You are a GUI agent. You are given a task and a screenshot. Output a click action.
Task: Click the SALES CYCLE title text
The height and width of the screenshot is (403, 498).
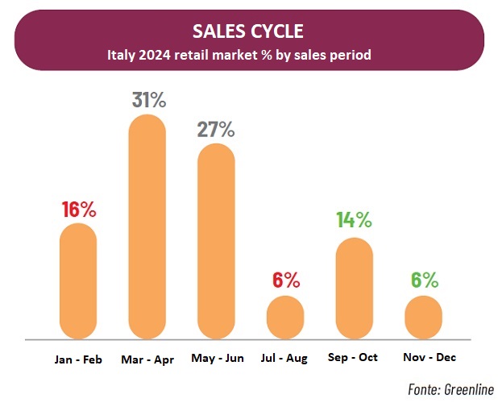pyautogui.click(x=248, y=31)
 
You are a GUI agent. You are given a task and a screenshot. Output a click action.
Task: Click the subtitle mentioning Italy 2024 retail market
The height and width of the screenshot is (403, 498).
pyautogui.click(x=248, y=56)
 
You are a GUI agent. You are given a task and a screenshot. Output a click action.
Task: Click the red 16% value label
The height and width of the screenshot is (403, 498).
pyautogui.click(x=79, y=210)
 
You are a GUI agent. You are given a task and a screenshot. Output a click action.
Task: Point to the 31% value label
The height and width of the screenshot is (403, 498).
pyautogui.click(x=149, y=100)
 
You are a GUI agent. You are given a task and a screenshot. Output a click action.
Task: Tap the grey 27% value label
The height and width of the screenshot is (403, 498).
pyautogui.click(x=217, y=129)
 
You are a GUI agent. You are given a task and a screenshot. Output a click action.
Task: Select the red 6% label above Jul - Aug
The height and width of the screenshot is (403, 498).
pyautogui.click(x=286, y=280)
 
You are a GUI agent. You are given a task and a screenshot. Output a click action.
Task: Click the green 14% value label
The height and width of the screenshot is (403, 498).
pyautogui.click(x=354, y=219)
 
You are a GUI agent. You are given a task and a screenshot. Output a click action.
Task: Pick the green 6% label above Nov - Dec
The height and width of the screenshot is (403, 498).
pyautogui.click(x=423, y=280)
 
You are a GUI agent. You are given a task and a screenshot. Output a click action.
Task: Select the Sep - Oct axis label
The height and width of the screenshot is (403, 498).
pyautogui.click(x=354, y=358)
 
